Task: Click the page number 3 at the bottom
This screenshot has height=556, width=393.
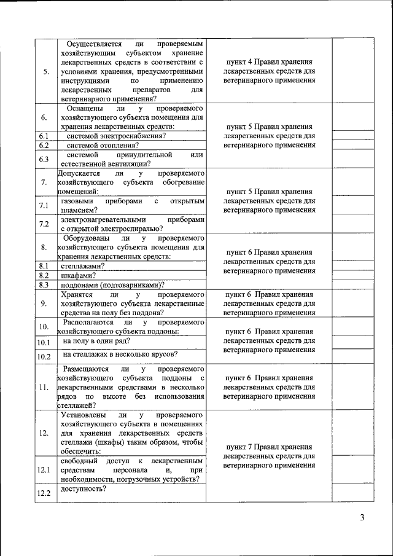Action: click(362, 517)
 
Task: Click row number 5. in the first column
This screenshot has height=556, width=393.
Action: click(45, 71)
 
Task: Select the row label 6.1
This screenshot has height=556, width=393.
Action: click(44, 136)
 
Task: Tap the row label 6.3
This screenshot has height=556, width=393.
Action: click(44, 159)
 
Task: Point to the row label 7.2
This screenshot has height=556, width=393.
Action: click(44, 224)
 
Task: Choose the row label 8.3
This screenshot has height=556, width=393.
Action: click(44, 284)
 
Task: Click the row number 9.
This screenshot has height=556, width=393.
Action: click(44, 303)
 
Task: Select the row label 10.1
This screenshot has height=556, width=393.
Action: click(44, 342)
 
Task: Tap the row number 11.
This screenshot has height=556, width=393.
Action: click(44, 387)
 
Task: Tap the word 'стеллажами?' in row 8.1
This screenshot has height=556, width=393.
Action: click(82, 266)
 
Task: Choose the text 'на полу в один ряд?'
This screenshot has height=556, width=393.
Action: click(96, 340)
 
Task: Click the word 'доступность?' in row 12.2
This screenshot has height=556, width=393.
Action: click(84, 489)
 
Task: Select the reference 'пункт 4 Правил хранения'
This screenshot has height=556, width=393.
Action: click(270, 62)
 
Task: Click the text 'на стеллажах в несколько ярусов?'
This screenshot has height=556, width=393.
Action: click(120, 354)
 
